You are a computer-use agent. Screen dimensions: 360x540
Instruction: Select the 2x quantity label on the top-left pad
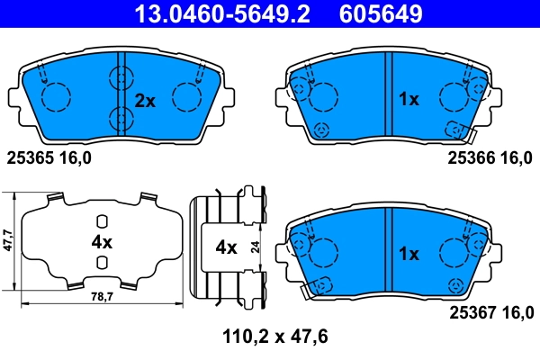(x=145, y=101)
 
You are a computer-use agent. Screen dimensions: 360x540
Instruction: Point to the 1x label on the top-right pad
(x=409, y=100)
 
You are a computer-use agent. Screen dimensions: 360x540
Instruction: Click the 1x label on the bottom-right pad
(x=409, y=254)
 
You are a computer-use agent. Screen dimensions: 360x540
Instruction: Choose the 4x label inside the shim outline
(x=101, y=242)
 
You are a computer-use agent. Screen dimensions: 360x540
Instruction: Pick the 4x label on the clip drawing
(x=225, y=246)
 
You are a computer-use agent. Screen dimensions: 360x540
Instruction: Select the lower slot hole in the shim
(x=102, y=262)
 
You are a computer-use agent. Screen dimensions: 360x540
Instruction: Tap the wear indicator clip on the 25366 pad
(x=463, y=134)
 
